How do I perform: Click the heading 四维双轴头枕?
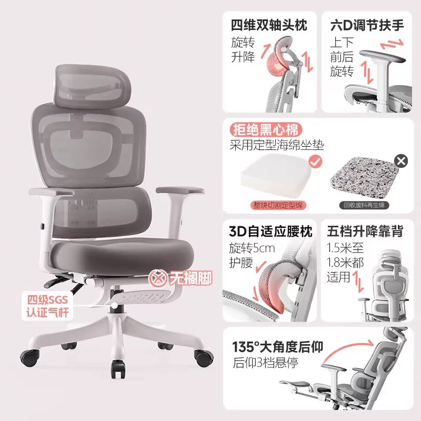pos(269,25)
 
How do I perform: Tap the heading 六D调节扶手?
pos(367,25)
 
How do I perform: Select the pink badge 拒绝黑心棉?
pos(266,130)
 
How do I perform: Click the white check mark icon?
pos(315,162)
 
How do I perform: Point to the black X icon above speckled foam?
pos(401,161)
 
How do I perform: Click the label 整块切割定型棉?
pos(278,205)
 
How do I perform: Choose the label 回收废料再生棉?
pos(364,205)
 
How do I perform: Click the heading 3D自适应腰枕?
pos(270,231)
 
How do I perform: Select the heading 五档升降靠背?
pos(365,231)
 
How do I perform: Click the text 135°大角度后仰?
pos(278,347)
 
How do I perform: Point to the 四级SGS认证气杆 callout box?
pos(47,306)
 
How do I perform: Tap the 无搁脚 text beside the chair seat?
pos(191,278)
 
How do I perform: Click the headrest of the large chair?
pos(93,86)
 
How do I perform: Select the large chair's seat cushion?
pos(122,254)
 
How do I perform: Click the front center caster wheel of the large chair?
pos(118,369)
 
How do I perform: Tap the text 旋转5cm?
pos(252,248)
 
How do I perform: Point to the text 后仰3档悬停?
pos(266,363)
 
